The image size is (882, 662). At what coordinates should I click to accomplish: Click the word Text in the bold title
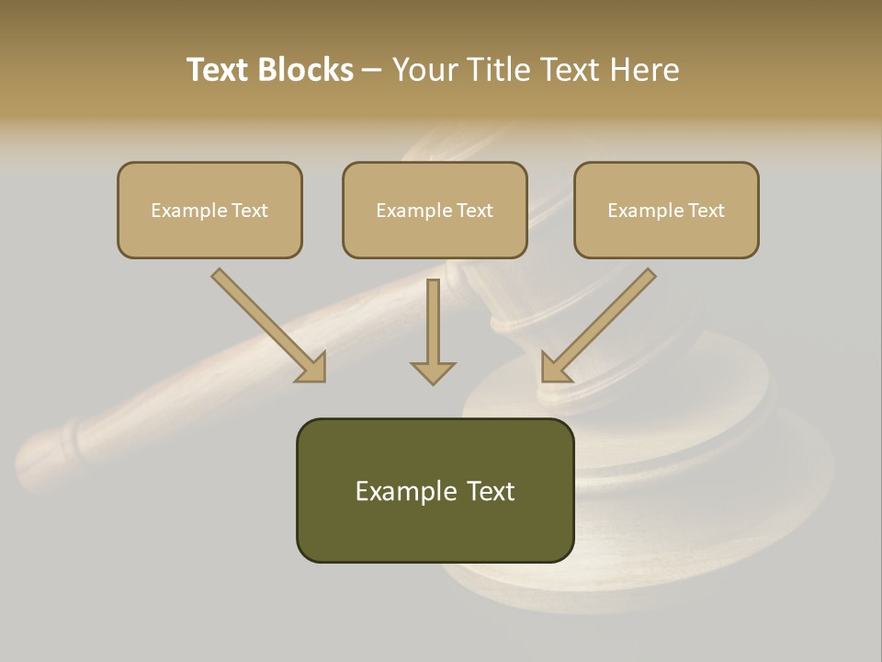(x=218, y=70)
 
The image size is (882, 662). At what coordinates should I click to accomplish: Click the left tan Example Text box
(x=209, y=211)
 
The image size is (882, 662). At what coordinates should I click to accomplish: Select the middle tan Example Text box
(x=435, y=211)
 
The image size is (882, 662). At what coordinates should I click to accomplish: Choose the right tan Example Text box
(x=666, y=211)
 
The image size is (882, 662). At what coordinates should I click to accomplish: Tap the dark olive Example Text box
(x=435, y=490)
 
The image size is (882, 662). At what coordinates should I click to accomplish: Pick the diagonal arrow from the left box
(x=266, y=324)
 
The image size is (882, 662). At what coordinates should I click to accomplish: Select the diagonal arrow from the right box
(x=600, y=324)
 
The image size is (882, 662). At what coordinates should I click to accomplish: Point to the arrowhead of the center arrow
(x=433, y=372)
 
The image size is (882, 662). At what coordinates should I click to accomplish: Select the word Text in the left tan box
(x=250, y=211)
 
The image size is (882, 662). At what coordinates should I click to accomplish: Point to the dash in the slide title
(x=372, y=71)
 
